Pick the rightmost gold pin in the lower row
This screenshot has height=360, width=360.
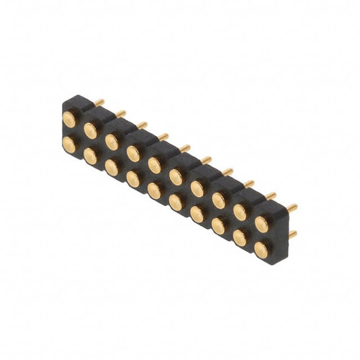(x=261, y=248)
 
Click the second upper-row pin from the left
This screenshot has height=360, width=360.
(x=91, y=130)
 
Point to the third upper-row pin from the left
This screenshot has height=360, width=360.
(x=113, y=141)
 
